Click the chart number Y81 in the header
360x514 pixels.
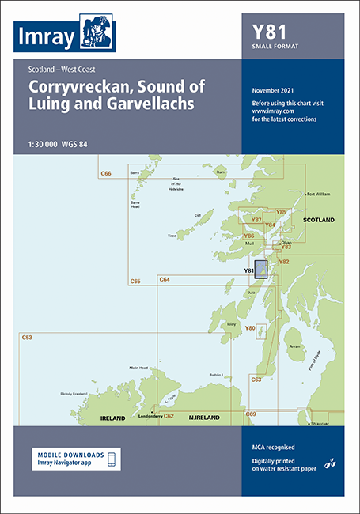point(270,32)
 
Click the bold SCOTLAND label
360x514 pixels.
point(320,218)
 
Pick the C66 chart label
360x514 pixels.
point(105,172)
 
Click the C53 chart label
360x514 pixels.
point(27,338)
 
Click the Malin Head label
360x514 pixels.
point(139,368)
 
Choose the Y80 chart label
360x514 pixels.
point(250,328)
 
